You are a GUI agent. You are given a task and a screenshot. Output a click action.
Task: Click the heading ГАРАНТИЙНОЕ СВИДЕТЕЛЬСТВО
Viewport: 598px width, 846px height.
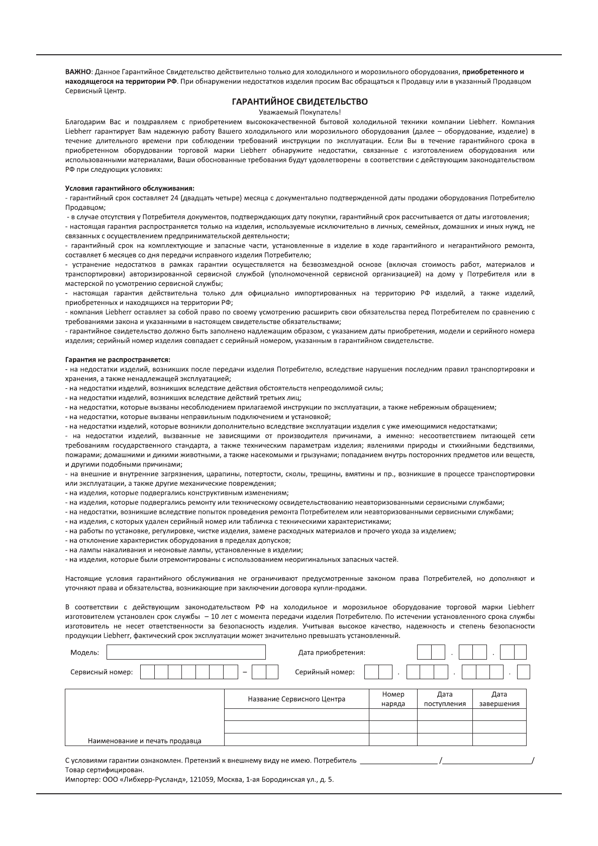300,102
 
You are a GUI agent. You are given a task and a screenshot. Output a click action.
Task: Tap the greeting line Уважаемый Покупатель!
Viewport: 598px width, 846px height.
300,112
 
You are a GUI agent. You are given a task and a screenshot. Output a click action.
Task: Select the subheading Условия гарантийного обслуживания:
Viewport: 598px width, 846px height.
130,188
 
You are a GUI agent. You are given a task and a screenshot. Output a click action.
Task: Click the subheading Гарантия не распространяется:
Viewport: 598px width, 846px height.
118,360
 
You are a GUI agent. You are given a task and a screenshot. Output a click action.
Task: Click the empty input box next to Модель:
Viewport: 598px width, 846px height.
186,653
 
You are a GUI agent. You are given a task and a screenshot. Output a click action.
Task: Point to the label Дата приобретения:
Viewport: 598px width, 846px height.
332,653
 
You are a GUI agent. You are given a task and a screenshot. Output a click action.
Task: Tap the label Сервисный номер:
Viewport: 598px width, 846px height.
102,672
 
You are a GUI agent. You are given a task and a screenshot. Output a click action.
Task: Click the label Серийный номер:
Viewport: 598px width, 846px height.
325,672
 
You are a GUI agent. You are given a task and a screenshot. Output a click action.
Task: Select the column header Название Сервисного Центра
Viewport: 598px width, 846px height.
296,699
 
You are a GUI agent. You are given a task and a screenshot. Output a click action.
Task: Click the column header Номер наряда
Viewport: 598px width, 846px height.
393,699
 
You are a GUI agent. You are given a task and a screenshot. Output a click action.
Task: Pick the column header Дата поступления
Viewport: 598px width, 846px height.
445,699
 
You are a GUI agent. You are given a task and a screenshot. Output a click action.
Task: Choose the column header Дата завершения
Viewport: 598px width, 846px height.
499,699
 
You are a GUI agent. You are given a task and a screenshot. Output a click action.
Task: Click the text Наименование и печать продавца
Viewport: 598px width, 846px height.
145,741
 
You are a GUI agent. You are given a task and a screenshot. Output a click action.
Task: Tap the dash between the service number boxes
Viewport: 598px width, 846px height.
245,672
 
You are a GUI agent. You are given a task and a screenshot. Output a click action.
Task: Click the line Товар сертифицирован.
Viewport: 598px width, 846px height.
105,770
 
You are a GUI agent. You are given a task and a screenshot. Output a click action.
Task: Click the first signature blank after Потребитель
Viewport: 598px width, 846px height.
399,761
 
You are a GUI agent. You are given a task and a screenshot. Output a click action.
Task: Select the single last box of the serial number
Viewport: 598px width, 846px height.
523,672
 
